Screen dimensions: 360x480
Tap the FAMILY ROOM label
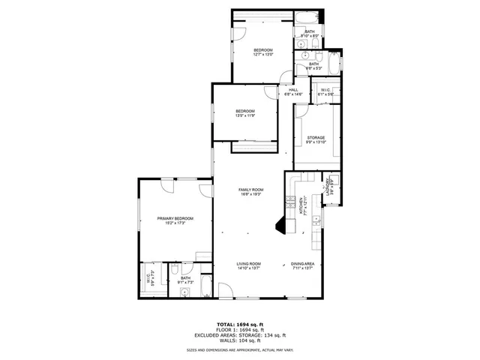tap(251, 190)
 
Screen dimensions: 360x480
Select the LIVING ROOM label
tap(248, 263)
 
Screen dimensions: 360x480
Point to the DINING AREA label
tap(302, 263)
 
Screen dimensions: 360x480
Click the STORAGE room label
tap(315, 138)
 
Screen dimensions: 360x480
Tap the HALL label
tap(293, 90)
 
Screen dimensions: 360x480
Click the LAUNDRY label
tap(329, 187)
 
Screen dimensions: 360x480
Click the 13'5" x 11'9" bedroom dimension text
tap(245, 116)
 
